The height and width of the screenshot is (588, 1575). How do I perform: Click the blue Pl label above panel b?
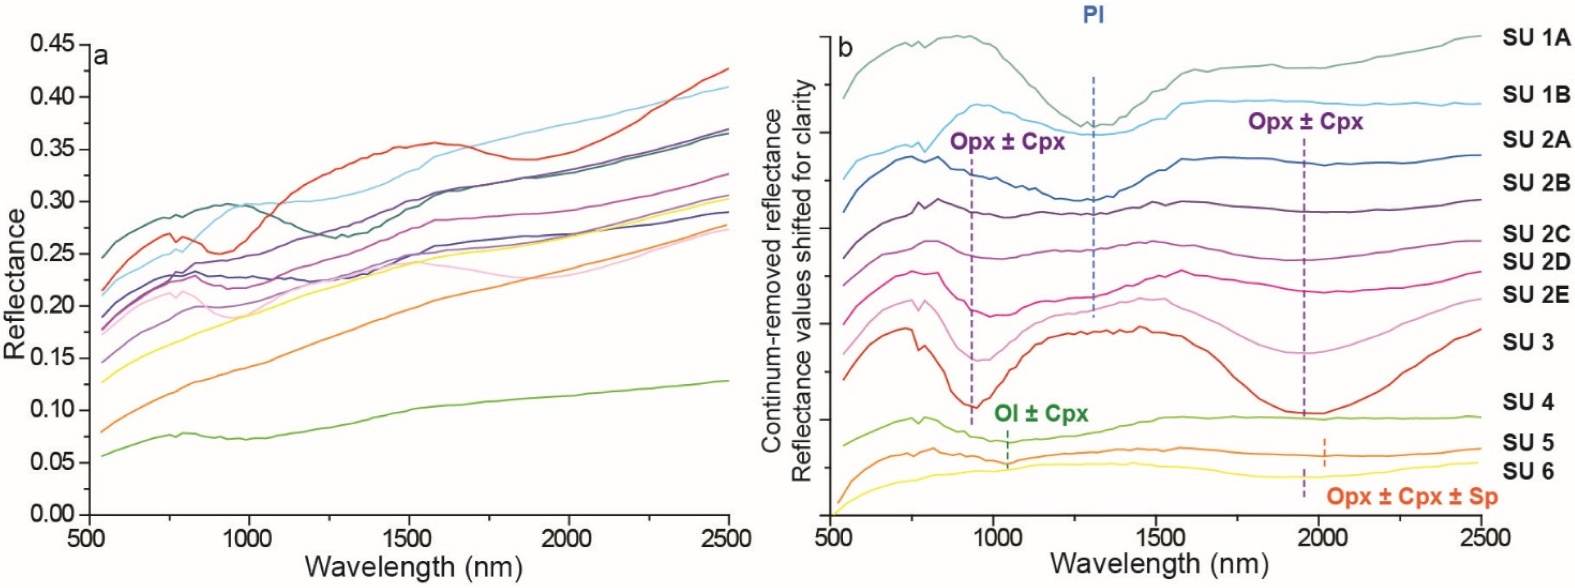(1093, 15)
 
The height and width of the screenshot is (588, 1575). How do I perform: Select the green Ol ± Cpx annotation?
(1041, 414)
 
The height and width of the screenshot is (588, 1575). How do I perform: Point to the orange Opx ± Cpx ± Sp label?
(1412, 498)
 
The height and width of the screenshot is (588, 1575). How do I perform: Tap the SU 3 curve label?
(1527, 342)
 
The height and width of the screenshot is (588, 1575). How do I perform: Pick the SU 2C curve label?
(1536, 235)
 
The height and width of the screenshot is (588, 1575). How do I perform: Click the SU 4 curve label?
(1527, 402)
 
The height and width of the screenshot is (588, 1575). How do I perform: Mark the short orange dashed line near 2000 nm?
(1324, 453)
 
